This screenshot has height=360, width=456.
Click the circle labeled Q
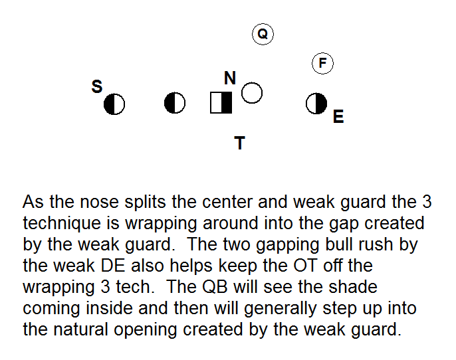[x=263, y=34]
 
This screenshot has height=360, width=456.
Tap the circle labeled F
[x=322, y=63]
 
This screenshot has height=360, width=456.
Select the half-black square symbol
[x=221, y=103]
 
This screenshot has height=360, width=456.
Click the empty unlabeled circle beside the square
[x=252, y=93]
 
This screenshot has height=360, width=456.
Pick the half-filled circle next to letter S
[x=114, y=104]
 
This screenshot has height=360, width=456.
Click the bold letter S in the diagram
[x=97, y=86]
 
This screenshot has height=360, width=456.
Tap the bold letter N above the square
[x=230, y=78]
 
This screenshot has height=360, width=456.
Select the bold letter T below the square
[x=240, y=142]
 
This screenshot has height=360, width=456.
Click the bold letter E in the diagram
[x=338, y=117]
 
